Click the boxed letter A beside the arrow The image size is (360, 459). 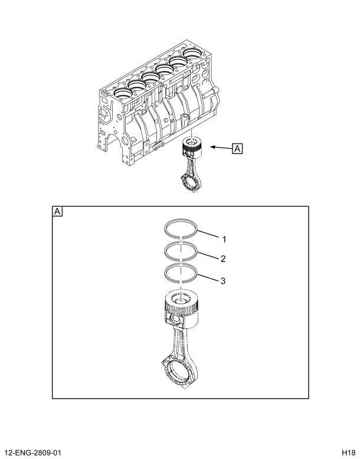pyautogui.click(x=237, y=149)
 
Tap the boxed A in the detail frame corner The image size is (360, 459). pyautogui.click(x=57, y=211)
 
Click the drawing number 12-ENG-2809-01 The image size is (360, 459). pyautogui.click(x=35, y=451)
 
